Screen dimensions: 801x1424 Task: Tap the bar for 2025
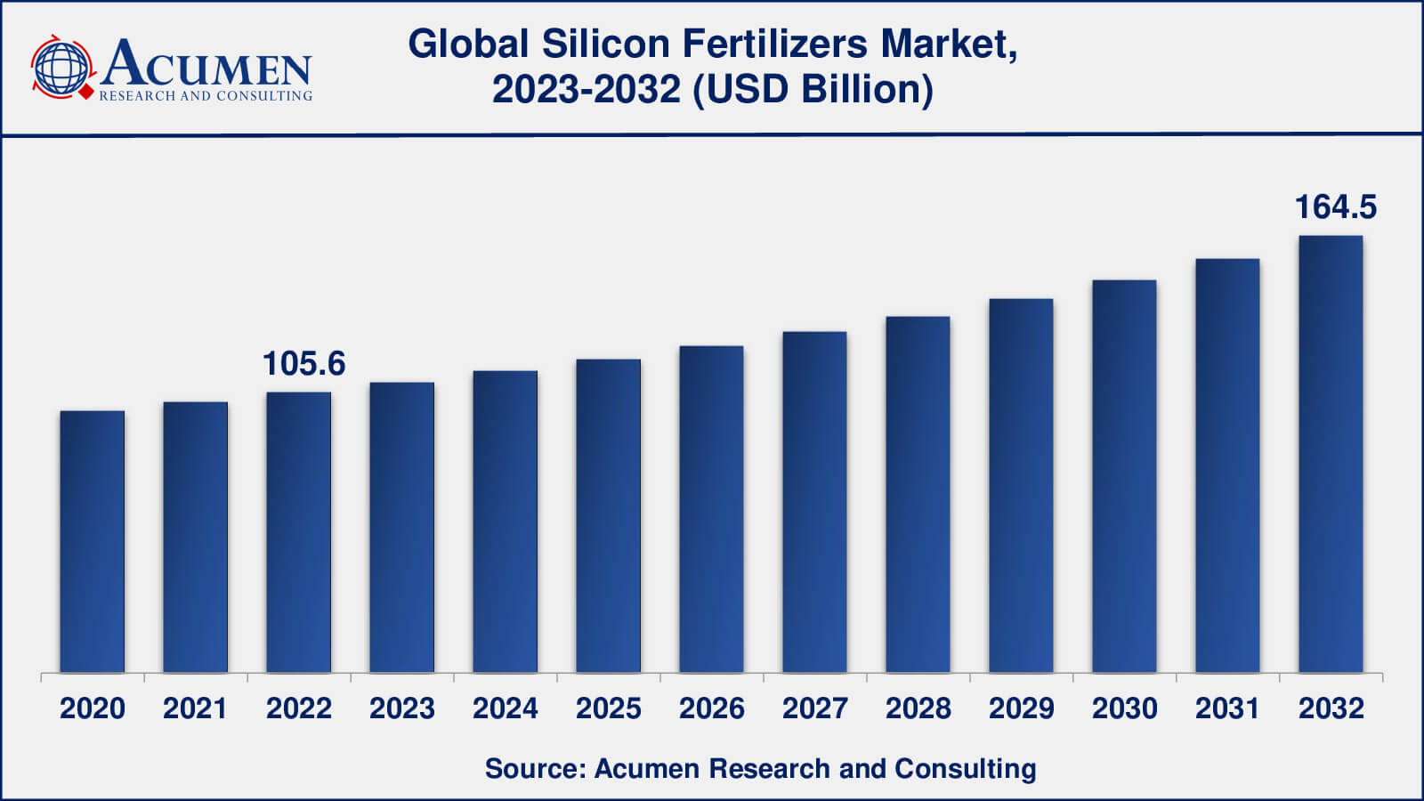[609, 515]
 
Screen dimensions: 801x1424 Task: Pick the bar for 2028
[918, 494]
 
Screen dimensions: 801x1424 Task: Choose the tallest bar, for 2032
[1331, 454]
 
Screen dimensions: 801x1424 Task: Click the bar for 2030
[1124, 476]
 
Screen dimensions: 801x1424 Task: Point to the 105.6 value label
[303, 363]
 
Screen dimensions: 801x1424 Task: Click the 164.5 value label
[1335, 207]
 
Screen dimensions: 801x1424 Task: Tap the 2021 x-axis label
[196, 708]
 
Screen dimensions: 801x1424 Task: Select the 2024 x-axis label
[506, 708]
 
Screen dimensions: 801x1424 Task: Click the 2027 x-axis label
[815, 708]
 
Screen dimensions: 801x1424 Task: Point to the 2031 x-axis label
[1227, 708]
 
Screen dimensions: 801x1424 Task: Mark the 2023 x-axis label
[402, 708]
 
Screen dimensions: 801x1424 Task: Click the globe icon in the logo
[61, 68]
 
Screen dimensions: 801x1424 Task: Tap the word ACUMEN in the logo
[206, 64]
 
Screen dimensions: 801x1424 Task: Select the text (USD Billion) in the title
[813, 89]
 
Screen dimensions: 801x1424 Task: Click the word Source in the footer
[533, 768]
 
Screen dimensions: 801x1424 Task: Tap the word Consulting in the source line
[965, 768]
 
